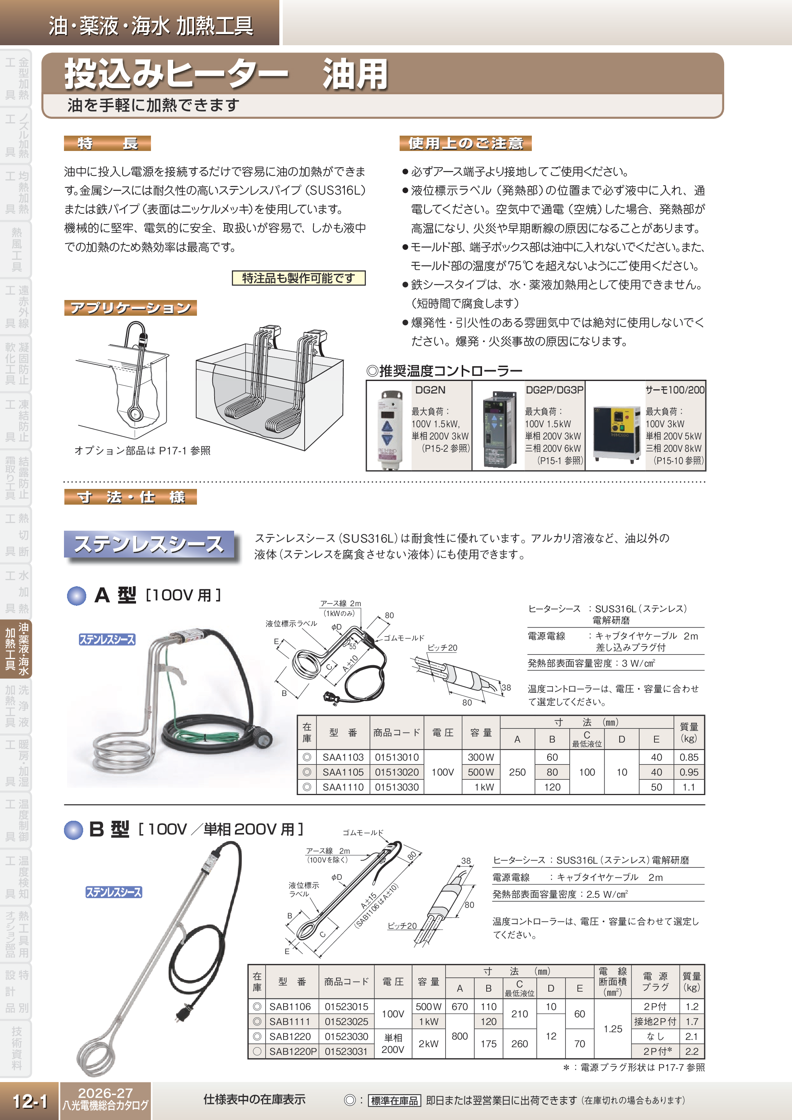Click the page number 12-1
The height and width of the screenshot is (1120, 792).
pyautogui.click(x=29, y=1101)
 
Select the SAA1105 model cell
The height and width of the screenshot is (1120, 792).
pyautogui.click(x=343, y=772)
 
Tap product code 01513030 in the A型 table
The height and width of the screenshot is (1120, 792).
pyautogui.click(x=397, y=787)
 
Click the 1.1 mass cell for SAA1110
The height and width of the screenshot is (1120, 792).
pyautogui.click(x=689, y=787)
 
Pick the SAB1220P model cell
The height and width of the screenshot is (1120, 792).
pyautogui.click(x=293, y=1051)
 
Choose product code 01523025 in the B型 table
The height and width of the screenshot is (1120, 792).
pyautogui.click(x=346, y=1022)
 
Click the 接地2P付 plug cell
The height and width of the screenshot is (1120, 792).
pyautogui.click(x=655, y=1022)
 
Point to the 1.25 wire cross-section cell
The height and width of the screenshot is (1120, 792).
pyautogui.click(x=613, y=1029)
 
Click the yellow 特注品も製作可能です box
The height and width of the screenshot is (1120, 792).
pyautogui.click(x=298, y=278)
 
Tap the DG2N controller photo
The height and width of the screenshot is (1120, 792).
pyautogui.click(x=389, y=429)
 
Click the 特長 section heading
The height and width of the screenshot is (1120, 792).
pyautogui.click(x=107, y=143)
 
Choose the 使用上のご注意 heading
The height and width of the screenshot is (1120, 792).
pyautogui.click(x=465, y=143)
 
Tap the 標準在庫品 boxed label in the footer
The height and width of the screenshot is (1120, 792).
pyautogui.click(x=394, y=1100)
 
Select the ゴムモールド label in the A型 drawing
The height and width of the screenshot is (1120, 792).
pyautogui.click(x=403, y=638)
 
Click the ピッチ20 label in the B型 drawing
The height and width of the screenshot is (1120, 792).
pyautogui.click(x=402, y=926)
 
